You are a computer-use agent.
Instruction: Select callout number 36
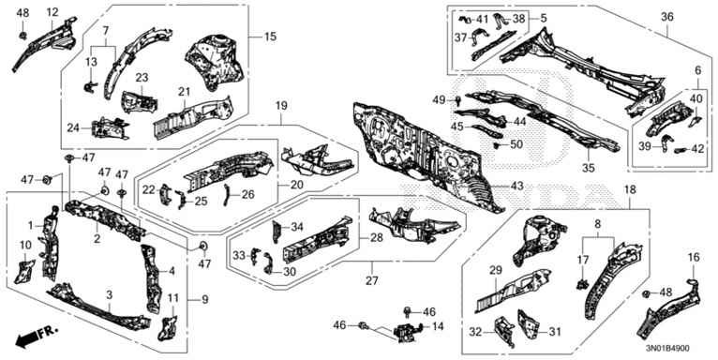[667, 16]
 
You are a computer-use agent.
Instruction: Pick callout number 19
[278, 108]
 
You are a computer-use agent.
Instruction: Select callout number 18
[629, 189]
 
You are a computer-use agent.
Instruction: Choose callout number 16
[694, 257]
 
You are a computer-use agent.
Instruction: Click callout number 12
[52, 12]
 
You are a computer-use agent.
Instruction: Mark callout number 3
[110, 295]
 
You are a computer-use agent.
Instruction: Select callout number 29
[497, 271]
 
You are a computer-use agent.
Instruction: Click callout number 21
[185, 92]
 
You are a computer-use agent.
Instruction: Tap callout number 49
[438, 100]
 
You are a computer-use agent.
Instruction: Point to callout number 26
[247, 194]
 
